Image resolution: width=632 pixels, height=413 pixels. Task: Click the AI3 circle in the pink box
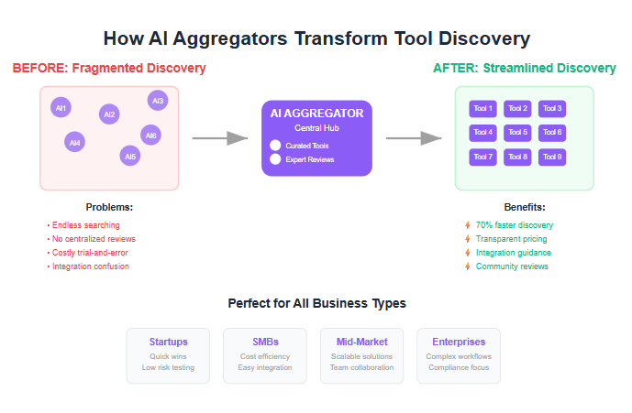pyautogui.click(x=158, y=101)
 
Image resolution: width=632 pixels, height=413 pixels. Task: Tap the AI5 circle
pyautogui.click(x=129, y=156)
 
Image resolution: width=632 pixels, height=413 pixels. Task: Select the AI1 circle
pyautogui.click(x=61, y=107)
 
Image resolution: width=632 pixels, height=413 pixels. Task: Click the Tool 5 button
pyautogui.click(x=517, y=133)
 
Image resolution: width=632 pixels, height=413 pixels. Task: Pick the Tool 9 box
pyautogui.click(x=552, y=157)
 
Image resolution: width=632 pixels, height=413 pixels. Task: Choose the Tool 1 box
pyautogui.click(x=482, y=109)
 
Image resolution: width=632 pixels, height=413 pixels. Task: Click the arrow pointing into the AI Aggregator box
pyautogui.click(x=219, y=138)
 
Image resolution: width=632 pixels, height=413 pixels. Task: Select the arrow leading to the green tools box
pyautogui.click(x=414, y=138)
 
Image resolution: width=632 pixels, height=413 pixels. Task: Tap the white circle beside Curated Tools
pyautogui.click(x=275, y=146)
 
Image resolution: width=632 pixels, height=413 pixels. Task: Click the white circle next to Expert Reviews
pyautogui.click(x=275, y=159)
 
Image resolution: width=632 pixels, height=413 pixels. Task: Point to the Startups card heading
pyautogui.click(x=169, y=342)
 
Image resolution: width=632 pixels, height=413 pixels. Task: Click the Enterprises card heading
pyautogui.click(x=459, y=342)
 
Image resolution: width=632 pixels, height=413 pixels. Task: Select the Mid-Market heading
pyautogui.click(x=362, y=342)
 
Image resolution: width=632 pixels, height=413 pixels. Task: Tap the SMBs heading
pyautogui.click(x=265, y=342)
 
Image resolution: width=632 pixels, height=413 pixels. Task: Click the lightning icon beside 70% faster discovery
pyautogui.click(x=468, y=225)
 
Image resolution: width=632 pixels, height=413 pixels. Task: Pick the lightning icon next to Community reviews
pyautogui.click(x=468, y=266)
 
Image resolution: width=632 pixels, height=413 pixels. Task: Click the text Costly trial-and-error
pyautogui.click(x=90, y=253)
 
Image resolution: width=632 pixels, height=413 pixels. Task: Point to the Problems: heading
pyautogui.click(x=109, y=207)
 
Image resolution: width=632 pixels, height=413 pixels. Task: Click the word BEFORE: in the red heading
pyautogui.click(x=40, y=68)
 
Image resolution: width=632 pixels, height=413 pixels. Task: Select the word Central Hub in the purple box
pyautogui.click(x=316, y=128)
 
